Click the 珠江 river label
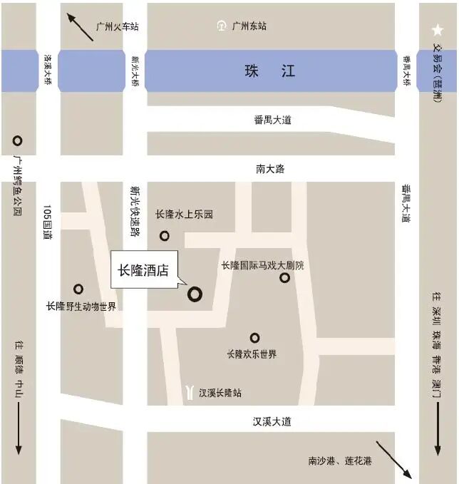coord(269,71)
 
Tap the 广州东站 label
coord(249,26)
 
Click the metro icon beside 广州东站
coord(222,26)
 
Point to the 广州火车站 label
coord(117,27)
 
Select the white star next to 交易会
coord(437,30)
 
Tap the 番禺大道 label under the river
coord(272,120)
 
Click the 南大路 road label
coord(270,169)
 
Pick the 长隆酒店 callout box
coord(143,271)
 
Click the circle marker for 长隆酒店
coord(195,293)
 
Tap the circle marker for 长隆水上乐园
coord(165,236)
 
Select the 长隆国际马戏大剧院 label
coord(262,265)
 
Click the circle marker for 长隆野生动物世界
coord(78,289)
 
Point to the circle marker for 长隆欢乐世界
coord(254,338)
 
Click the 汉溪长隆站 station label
coord(220,393)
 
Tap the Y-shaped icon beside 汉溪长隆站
coord(190,392)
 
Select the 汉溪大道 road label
coord(272,421)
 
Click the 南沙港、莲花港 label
coord(340,461)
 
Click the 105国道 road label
coord(48,222)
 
